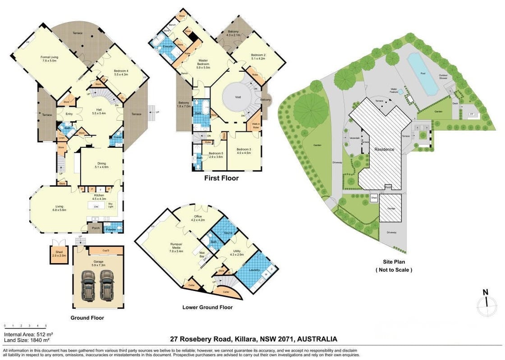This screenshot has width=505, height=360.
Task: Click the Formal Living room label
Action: [50, 59]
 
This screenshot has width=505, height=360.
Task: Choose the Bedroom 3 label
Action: [243, 151]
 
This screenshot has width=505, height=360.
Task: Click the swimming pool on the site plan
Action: [422, 73]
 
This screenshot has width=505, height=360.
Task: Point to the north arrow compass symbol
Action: [486, 307]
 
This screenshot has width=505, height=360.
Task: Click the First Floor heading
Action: [221, 178]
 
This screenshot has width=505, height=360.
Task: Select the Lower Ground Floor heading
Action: [207, 307]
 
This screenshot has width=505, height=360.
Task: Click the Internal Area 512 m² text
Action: [28, 335]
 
